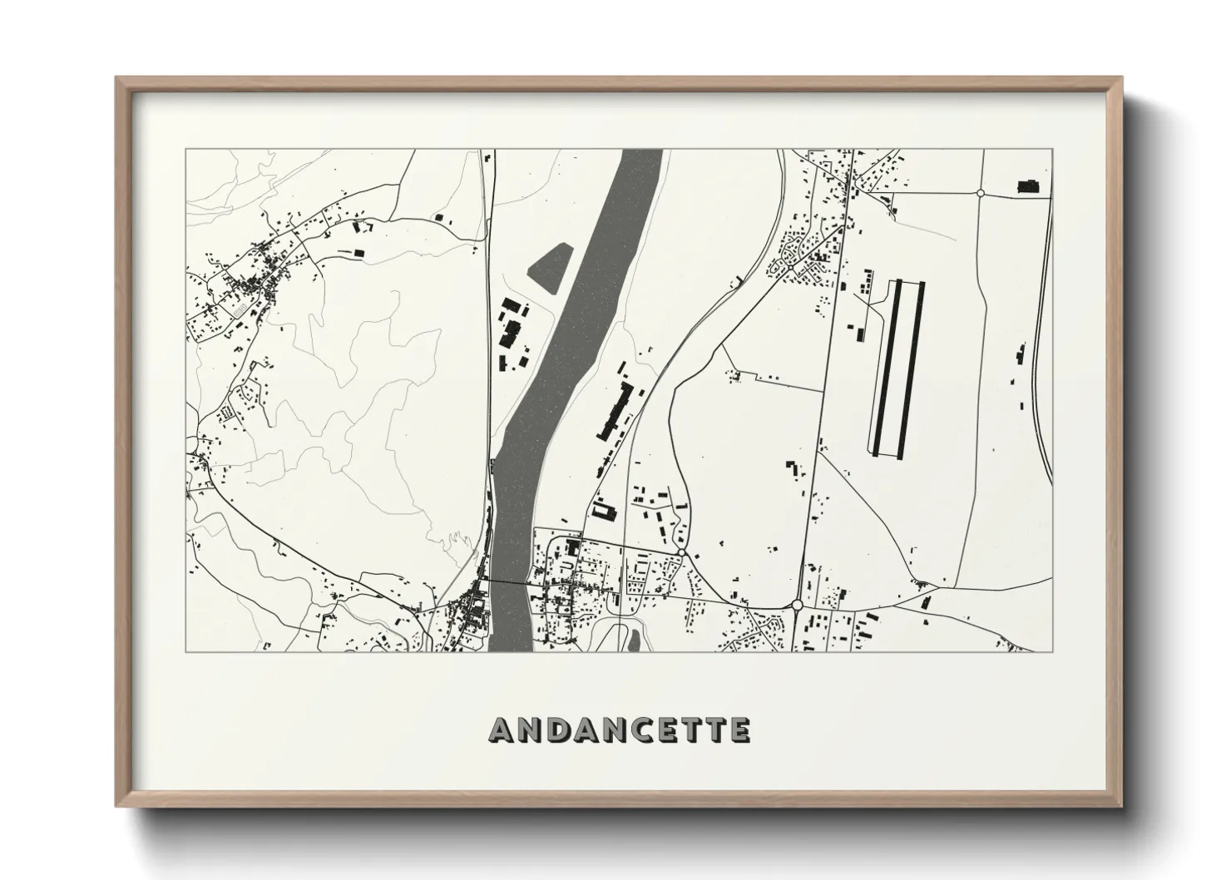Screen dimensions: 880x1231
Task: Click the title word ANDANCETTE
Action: click(x=619, y=730)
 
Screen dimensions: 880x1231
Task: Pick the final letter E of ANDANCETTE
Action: click(x=739, y=730)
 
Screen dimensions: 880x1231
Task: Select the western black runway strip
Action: click(x=886, y=366)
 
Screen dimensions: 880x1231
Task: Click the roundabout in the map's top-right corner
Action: click(x=980, y=193)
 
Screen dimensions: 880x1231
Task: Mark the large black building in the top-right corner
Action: click(x=1029, y=187)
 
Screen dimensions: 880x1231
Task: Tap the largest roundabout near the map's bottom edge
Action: click(x=797, y=605)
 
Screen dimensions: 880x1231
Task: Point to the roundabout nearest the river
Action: click(x=681, y=552)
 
